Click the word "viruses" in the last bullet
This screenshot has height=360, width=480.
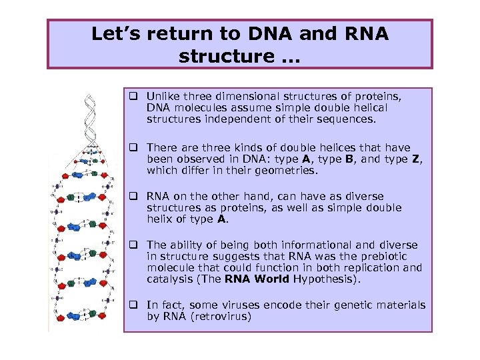pyautogui.click(x=243, y=305)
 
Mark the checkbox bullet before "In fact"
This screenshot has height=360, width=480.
pyautogui.click(x=133, y=305)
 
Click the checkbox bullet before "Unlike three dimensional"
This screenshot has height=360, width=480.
pyautogui.click(x=133, y=97)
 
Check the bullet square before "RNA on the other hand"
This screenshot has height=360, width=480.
pyautogui.click(x=133, y=197)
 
